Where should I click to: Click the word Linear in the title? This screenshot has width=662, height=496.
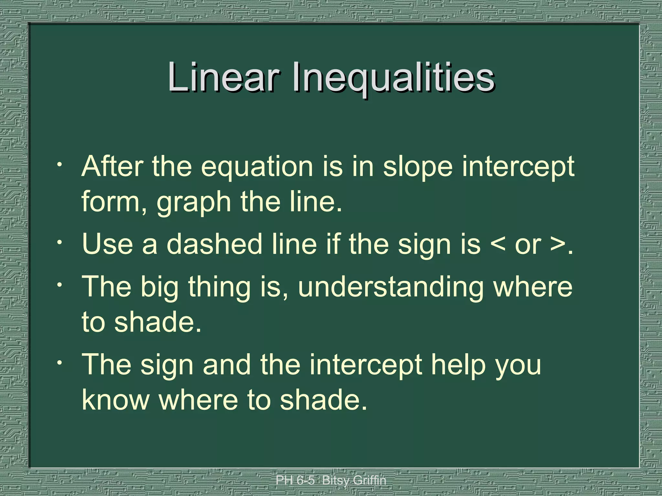(223, 77)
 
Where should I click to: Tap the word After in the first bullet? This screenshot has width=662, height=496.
(112, 166)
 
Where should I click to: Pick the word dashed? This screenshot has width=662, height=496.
(214, 244)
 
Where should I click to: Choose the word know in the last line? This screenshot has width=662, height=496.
(115, 400)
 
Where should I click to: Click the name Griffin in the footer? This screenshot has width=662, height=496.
(369, 480)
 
